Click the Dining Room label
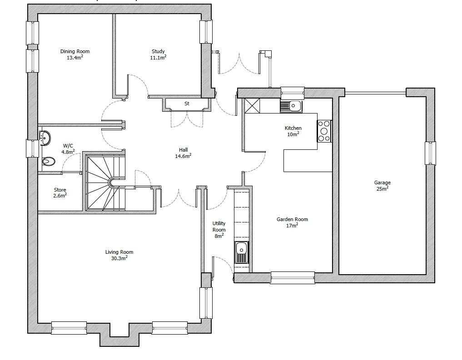(75, 51)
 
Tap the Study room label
(158, 51)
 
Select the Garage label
(382, 182)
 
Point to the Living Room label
(119, 252)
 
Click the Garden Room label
(292, 219)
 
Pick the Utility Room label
(219, 227)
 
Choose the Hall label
(183, 150)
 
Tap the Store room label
(60, 190)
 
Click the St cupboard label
(187, 104)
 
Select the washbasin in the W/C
(45, 137)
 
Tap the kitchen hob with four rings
(324, 131)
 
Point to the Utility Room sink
(241, 252)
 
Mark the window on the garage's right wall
(430, 153)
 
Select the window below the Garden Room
(292, 277)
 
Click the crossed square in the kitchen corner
(252, 106)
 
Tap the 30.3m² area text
(119, 258)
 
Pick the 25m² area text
(382, 188)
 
